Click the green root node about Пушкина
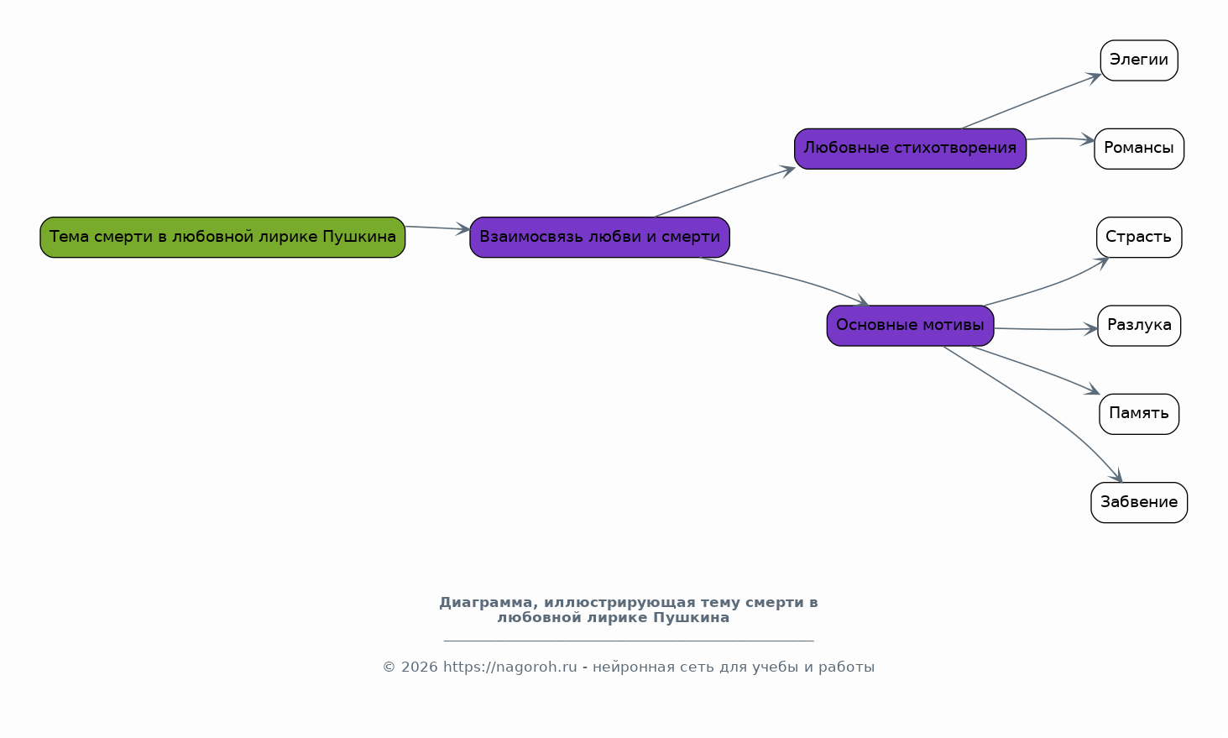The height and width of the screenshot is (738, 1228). [222, 238]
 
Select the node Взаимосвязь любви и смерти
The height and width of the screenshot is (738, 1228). [600, 238]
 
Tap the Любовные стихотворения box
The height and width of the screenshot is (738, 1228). [910, 149]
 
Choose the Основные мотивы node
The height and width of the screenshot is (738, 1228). [910, 326]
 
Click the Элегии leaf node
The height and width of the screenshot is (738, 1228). [1139, 60]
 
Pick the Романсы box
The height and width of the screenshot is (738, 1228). [1139, 149]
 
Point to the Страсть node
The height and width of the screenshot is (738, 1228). [1139, 238]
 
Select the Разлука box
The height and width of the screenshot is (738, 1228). [1139, 326]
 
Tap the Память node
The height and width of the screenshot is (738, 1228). [1139, 414]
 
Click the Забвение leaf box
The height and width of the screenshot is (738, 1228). [1139, 503]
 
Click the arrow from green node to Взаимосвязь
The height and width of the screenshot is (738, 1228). [437, 228]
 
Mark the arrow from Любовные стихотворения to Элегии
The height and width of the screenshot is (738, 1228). [1032, 101]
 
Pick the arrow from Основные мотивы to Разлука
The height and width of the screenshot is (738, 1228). [1046, 329]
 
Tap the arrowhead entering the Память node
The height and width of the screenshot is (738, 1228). [1093, 390]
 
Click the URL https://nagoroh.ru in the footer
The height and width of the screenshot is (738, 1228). [509, 667]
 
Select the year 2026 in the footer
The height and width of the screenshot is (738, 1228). [420, 667]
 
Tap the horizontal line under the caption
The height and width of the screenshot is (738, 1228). [629, 641]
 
